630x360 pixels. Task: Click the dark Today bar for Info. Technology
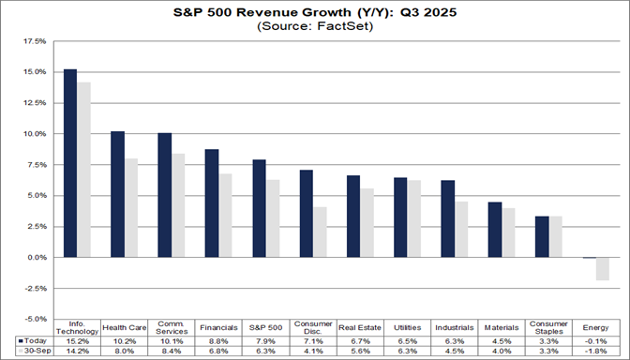point(70,163)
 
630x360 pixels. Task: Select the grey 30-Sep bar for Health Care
point(131,208)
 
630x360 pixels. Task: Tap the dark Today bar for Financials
point(212,203)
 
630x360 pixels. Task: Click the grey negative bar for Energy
point(602,268)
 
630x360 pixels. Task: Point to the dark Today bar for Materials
point(494,230)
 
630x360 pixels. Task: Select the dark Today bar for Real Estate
point(352,217)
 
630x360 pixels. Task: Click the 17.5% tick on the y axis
point(33,41)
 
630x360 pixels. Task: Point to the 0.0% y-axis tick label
point(35,257)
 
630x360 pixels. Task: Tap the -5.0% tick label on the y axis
point(33,319)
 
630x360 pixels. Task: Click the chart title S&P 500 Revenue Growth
point(313,14)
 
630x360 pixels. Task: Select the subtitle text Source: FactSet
point(313,28)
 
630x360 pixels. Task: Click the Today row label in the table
point(31,342)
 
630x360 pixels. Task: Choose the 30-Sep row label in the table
point(31,352)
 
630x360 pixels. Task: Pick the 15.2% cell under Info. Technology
point(78,342)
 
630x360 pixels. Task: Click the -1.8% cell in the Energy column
point(594,352)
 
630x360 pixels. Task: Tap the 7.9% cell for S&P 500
point(265,342)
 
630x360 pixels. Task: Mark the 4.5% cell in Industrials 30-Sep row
point(454,352)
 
